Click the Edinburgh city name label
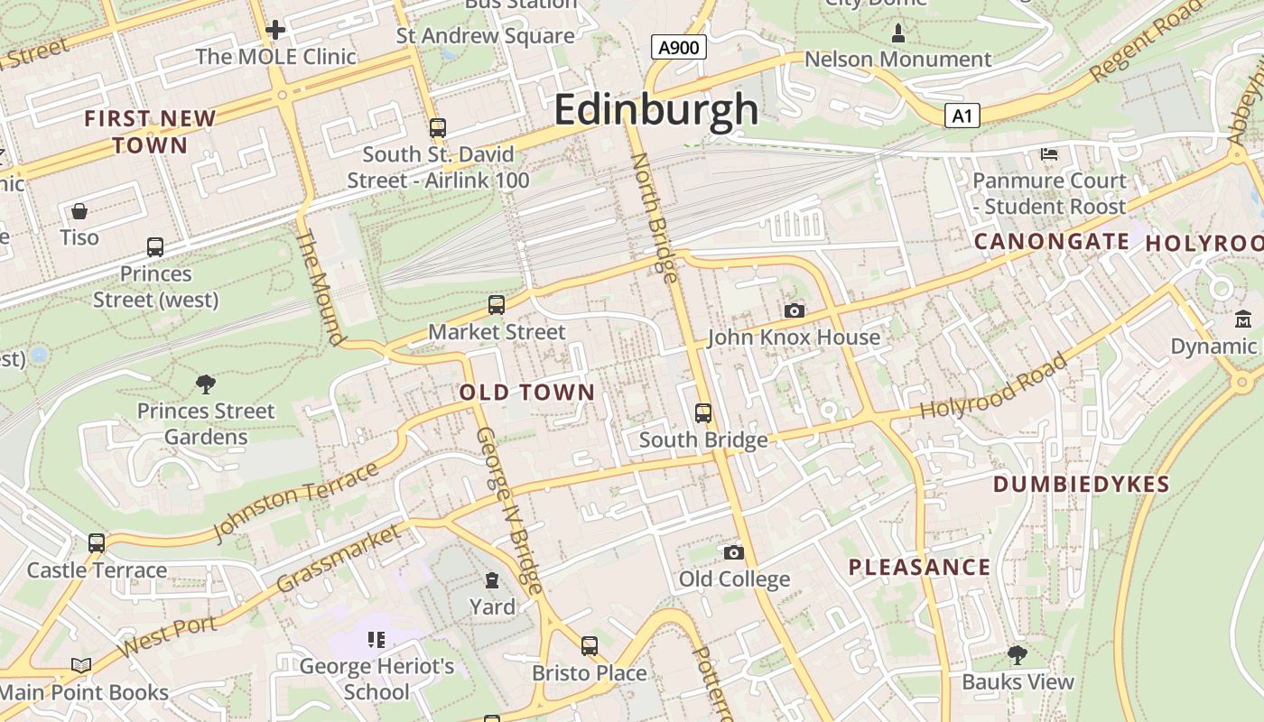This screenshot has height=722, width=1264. [x=656, y=110]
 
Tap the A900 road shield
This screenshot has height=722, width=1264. [x=678, y=47]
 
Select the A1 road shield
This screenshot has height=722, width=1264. [x=962, y=116]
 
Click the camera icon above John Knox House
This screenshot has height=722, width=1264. [x=795, y=311]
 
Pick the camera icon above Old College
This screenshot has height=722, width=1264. [x=734, y=552]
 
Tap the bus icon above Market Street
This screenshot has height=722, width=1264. [x=496, y=305]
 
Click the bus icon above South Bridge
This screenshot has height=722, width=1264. [x=703, y=413]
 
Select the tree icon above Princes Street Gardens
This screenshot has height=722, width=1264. [x=206, y=384]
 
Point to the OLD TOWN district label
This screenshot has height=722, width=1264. [x=527, y=393]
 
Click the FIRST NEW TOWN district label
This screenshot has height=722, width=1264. [x=150, y=132]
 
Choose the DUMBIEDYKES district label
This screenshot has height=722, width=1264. [x=1082, y=485]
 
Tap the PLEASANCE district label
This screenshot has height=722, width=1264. [x=920, y=568]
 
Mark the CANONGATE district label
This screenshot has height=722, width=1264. [x=1052, y=242]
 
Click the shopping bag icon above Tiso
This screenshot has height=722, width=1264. [x=79, y=211]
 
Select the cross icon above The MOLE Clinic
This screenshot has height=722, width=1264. [x=275, y=30]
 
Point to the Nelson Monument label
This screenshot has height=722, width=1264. [x=897, y=60]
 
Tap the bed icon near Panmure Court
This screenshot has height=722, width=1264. [x=1049, y=154]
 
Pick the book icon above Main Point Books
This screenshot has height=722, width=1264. [x=81, y=666]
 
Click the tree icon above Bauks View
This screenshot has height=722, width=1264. [x=1018, y=654]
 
